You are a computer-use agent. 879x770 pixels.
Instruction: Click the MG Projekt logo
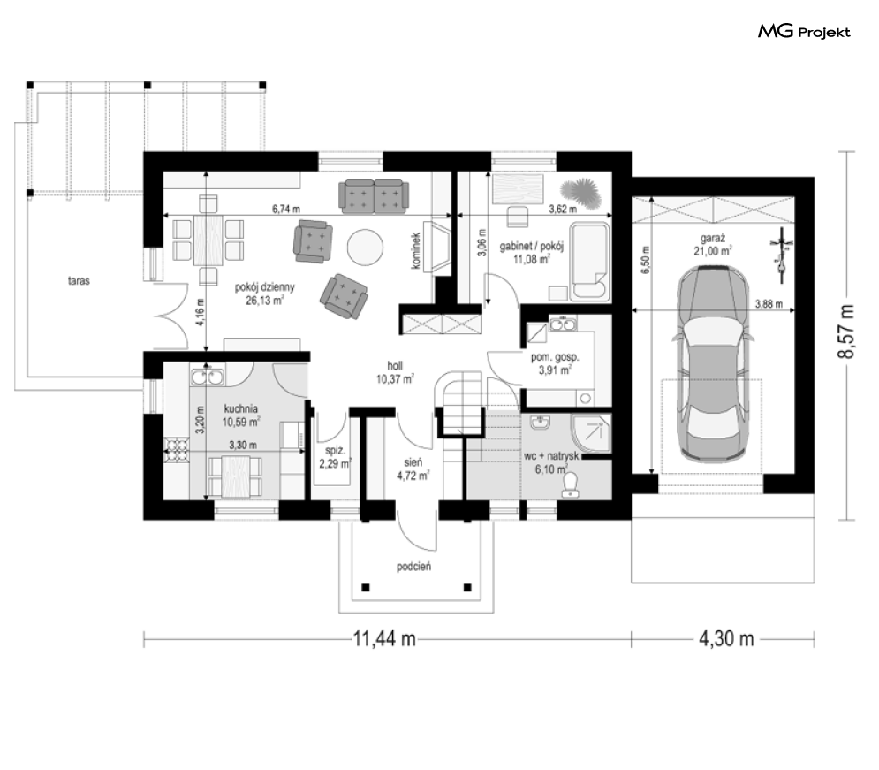point(804,32)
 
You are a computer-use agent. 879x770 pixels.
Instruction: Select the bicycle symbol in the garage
point(780,254)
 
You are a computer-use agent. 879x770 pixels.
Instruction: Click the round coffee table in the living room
point(365,246)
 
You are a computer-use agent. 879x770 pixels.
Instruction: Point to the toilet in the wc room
point(570,485)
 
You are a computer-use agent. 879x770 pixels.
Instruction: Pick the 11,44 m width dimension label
point(384,638)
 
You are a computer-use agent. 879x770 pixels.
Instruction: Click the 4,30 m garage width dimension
point(725,638)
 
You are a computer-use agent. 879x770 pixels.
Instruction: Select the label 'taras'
point(79,280)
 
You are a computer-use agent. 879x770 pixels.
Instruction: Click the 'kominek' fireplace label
point(416,251)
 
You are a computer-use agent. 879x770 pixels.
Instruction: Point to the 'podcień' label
point(413,567)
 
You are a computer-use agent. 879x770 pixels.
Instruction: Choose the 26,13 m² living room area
point(264,300)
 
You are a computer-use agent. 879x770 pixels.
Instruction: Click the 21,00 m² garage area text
point(712,251)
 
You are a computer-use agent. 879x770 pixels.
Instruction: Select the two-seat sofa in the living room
point(374,196)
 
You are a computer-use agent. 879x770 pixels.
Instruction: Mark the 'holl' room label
point(395,366)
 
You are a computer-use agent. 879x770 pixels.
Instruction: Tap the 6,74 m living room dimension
point(286,209)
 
